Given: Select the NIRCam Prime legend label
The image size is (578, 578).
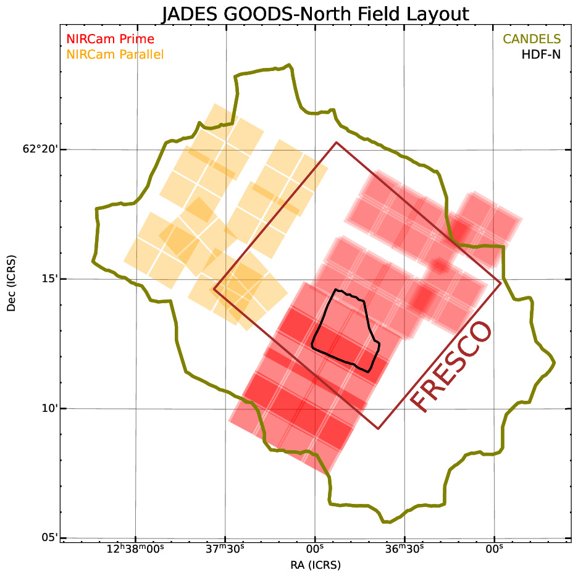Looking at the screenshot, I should [x=110, y=40].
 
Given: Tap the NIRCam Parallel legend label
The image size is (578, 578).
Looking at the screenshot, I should [x=115, y=55].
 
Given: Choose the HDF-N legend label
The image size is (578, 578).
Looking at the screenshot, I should [x=541, y=55].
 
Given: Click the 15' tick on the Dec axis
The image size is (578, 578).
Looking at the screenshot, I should [x=49, y=279].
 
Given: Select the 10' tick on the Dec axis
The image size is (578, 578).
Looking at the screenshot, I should [x=49, y=408].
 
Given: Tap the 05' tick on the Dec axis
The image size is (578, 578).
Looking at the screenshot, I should [x=49, y=537].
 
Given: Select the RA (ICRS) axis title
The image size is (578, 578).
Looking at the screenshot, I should [x=315, y=564].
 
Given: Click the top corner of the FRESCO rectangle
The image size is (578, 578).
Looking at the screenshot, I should [x=336, y=143].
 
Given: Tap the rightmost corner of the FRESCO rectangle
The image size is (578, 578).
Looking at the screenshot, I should [x=501, y=283].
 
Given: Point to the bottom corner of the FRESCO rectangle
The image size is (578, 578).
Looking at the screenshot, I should [x=378, y=428].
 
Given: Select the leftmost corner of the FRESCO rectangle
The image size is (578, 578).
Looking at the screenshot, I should [x=214, y=288].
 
